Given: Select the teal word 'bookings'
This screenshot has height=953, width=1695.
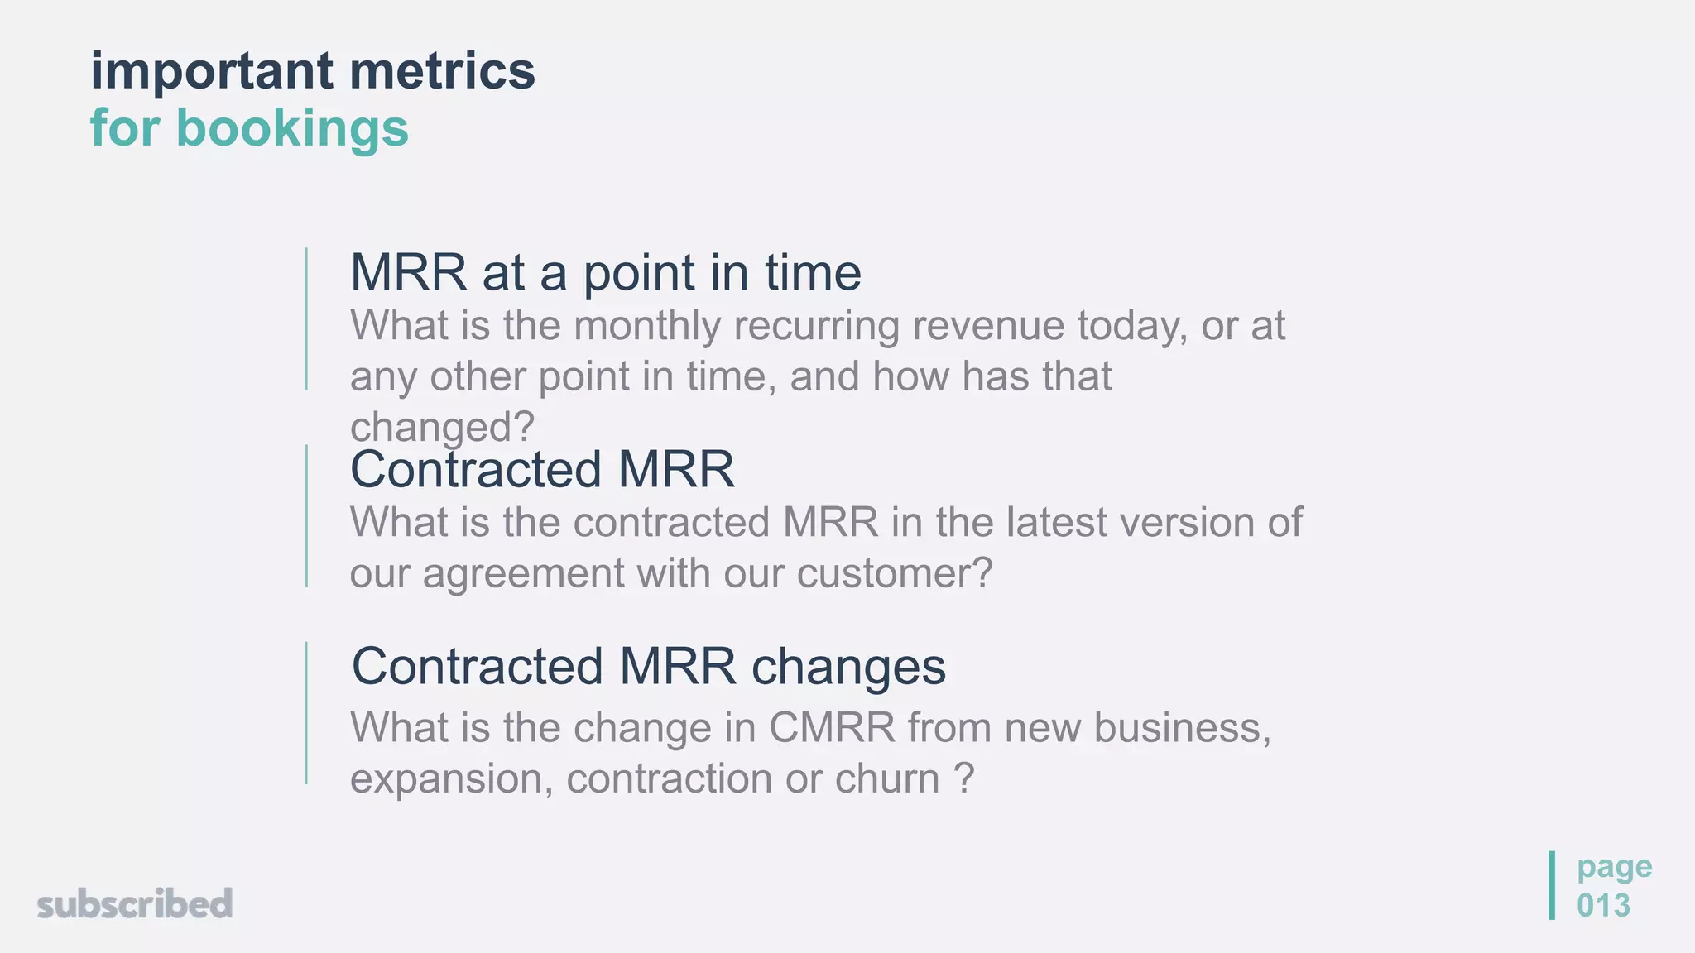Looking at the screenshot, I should click(x=292, y=129).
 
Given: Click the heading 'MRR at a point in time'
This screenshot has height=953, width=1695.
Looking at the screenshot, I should click(x=605, y=273).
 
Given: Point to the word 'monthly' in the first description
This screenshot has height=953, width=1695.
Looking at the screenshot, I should click(x=647, y=326).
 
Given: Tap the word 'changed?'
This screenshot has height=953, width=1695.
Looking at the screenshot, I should click(x=442, y=428).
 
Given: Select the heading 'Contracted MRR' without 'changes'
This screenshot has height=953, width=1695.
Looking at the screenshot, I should click(x=542, y=470).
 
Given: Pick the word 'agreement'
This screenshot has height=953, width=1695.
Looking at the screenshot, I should click(x=523, y=574).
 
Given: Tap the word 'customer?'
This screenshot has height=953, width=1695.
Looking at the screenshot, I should click(x=895, y=574).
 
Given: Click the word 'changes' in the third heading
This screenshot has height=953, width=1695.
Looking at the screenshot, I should click(x=848, y=667).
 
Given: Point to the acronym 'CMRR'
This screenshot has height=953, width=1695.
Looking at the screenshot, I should click(x=832, y=728).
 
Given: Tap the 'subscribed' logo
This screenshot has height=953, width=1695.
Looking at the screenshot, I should click(x=135, y=904).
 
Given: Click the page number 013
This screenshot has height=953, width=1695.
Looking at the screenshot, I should click(x=1603, y=906).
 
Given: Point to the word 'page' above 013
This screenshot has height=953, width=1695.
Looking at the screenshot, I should click(x=1614, y=868).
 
